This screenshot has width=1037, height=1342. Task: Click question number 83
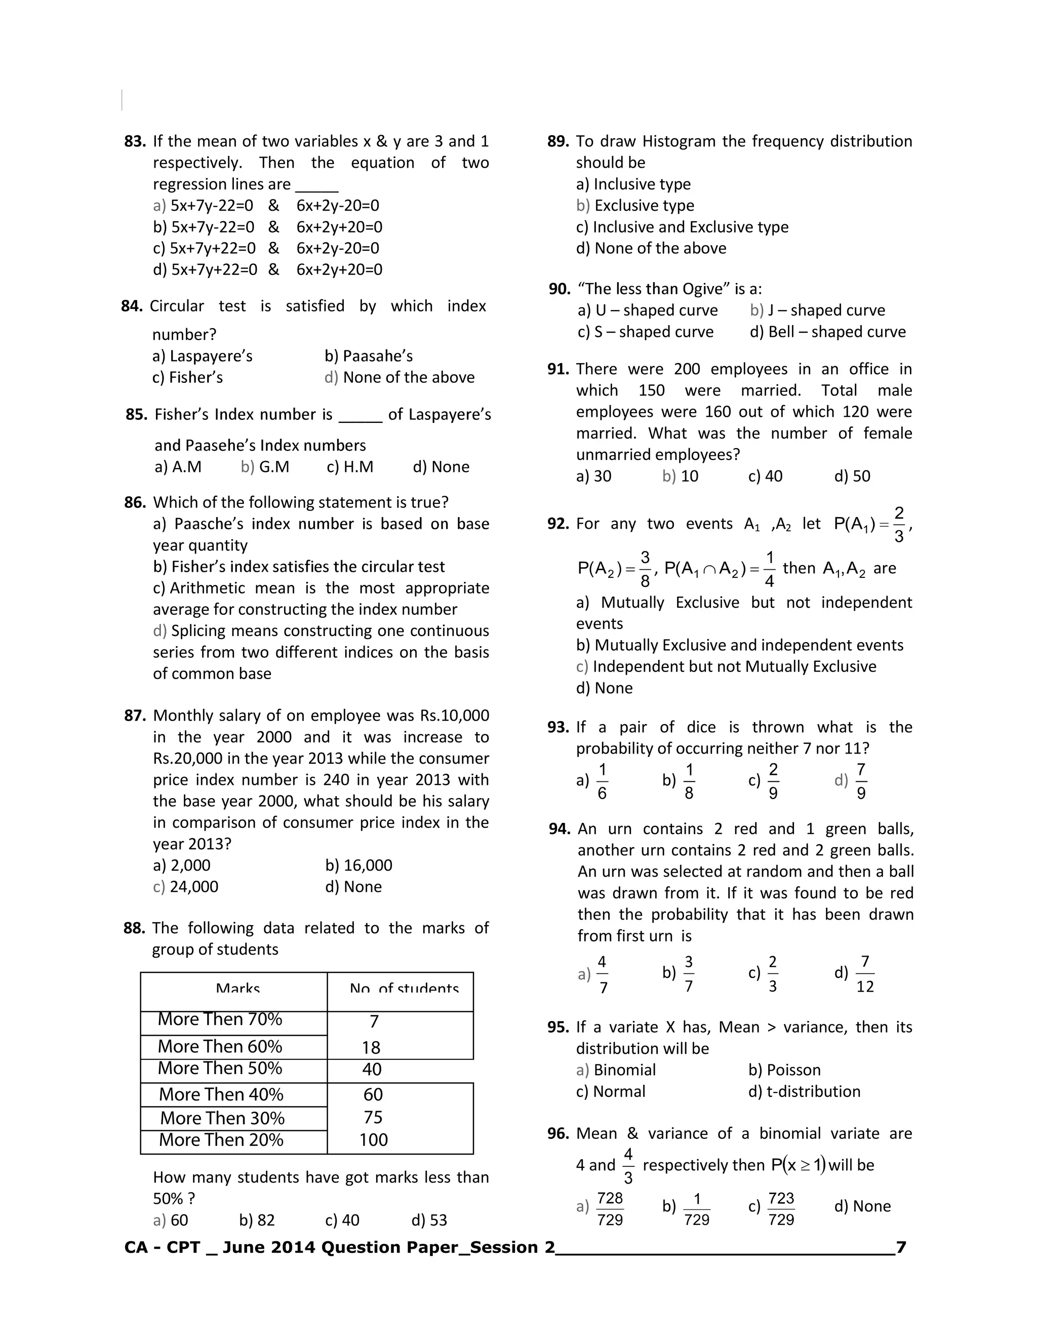tap(135, 141)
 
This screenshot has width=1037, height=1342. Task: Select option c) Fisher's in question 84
tap(187, 377)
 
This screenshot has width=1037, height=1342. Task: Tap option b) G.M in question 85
tap(265, 467)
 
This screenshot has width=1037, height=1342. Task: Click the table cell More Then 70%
tap(220, 1019)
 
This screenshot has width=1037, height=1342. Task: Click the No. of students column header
tap(404, 989)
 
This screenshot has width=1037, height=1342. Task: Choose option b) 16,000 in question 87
tap(359, 865)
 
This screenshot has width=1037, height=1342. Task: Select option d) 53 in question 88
tap(429, 1220)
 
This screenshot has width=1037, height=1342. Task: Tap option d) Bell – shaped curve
tap(827, 332)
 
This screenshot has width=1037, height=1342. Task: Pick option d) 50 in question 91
tap(852, 476)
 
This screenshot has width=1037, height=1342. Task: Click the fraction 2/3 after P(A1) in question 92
tap(899, 524)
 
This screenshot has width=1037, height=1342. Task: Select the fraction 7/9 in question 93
tap(861, 781)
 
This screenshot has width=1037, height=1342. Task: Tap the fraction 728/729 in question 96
tap(610, 1209)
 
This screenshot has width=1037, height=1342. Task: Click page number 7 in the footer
tap(901, 1247)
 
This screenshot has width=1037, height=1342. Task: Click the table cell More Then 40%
tap(221, 1094)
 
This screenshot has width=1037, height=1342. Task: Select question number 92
tap(558, 524)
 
